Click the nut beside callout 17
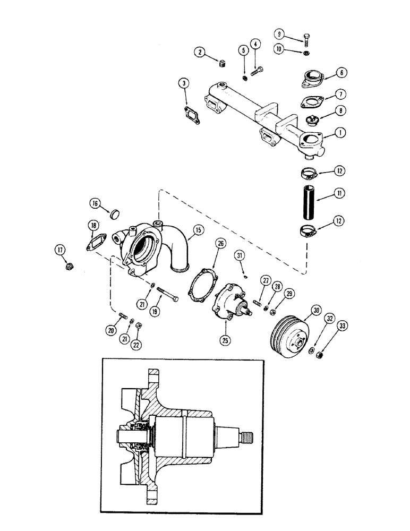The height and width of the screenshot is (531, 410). tap(69, 266)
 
